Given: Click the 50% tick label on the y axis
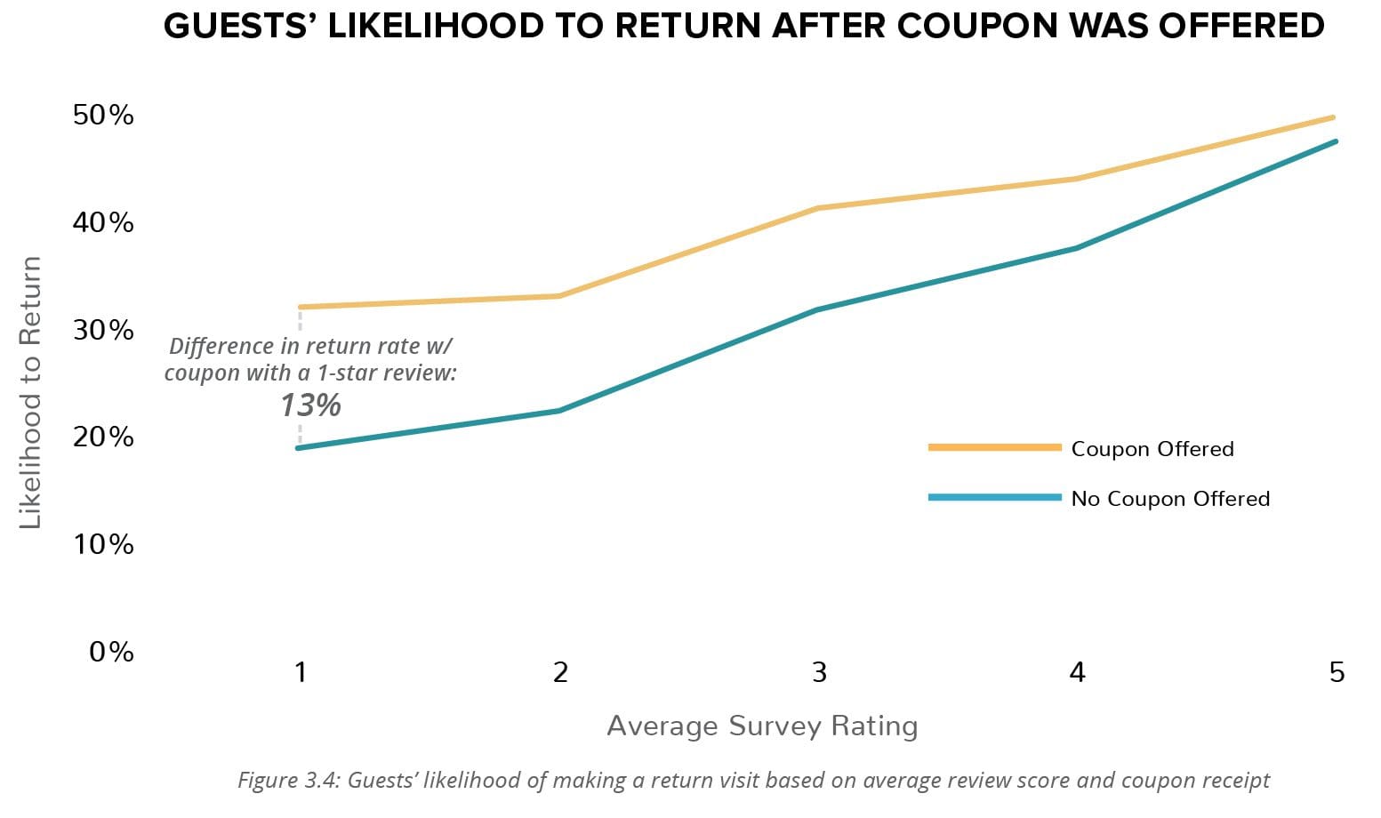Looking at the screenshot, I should pos(103,115).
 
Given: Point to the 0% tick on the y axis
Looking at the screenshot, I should pos(111,652).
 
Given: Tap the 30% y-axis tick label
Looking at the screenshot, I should pos(103,330).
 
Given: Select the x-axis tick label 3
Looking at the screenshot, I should pos(818,672).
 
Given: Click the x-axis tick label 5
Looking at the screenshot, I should pos(1336,672).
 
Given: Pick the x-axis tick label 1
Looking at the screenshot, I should pos(301,672).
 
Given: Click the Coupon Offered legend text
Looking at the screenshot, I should pos(1152,449).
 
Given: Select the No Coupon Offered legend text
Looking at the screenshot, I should pos(1169,499).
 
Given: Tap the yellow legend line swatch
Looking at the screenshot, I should pos(994,447).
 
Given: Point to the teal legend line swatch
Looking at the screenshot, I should pos(994,497).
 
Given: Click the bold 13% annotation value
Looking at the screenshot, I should pos(310,405).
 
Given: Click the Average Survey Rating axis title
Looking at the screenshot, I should pos(762,726).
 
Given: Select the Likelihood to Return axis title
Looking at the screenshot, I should pos(31,392).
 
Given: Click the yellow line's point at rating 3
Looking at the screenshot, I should pos(818,208).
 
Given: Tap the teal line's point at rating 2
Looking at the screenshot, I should pos(559,411).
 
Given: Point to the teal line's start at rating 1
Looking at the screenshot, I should pos(300,447).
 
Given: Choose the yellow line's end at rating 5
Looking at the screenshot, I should pos(1335,117).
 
